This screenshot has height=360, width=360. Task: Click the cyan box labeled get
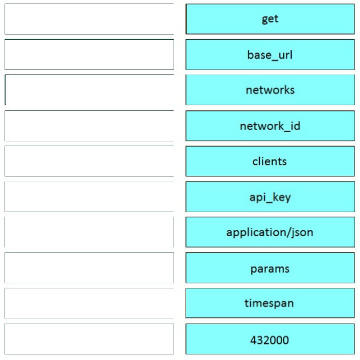coord(270,19)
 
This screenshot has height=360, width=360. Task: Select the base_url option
coord(270,55)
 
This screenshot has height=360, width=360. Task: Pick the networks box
coord(270,90)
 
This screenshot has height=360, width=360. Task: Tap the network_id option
coord(270,126)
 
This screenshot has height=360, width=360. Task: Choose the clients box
coord(270,161)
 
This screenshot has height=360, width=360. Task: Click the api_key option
coord(270,197)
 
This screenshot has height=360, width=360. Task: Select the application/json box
coord(270,232)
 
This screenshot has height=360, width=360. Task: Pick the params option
coord(270,268)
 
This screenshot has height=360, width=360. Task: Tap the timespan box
coord(270,303)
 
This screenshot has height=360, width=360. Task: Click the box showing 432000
coord(270,339)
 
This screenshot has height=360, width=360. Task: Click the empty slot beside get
coord(90,19)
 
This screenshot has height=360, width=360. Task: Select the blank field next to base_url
coord(90,55)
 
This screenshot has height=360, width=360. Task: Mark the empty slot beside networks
coord(90,90)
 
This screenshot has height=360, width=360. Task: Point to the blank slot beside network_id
coord(90,126)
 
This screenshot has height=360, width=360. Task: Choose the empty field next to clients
coord(90,161)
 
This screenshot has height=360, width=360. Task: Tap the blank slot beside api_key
coord(90,197)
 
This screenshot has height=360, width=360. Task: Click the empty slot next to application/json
coord(90,232)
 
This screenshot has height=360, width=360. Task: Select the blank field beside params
coord(90,268)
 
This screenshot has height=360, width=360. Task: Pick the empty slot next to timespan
coord(90,303)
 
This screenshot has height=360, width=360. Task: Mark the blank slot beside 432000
coord(90,339)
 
